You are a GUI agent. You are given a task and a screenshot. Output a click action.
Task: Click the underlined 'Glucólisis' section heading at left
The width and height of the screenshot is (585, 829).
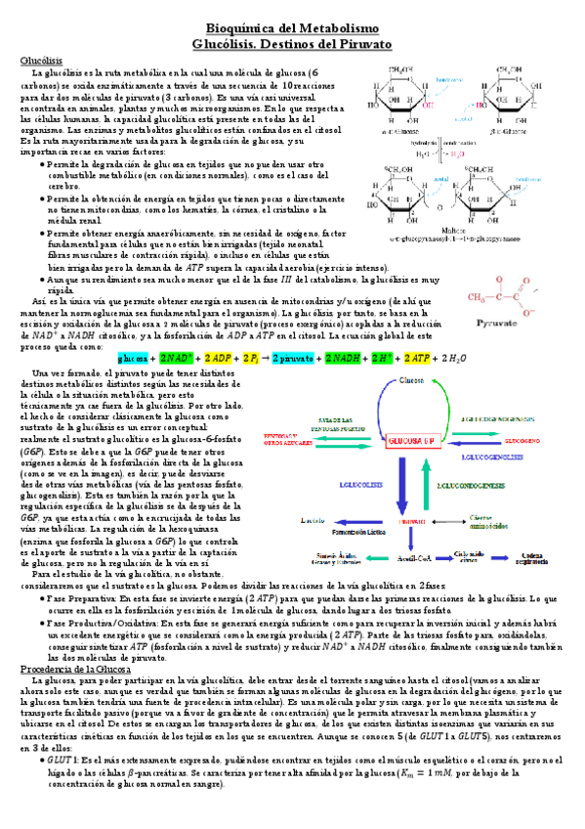tap(40, 61)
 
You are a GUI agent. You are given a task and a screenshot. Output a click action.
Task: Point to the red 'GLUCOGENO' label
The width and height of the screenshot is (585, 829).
tap(522, 442)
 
